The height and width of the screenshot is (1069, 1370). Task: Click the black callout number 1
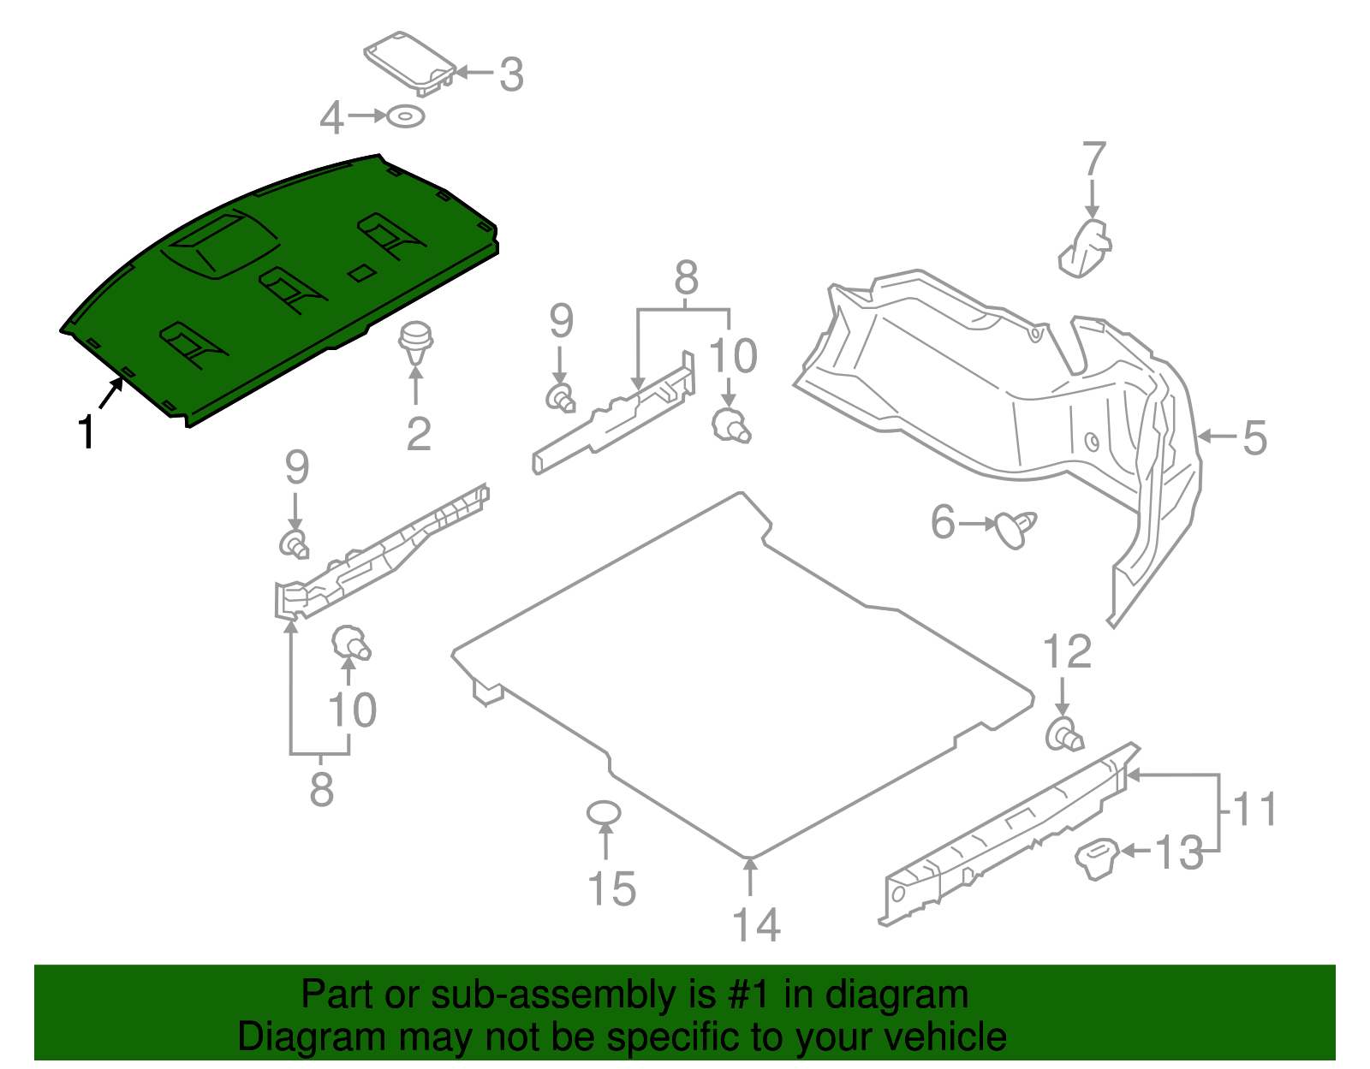(86, 431)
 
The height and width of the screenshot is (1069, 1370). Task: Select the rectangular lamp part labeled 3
(409, 62)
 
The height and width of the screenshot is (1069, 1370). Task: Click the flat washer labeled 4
(405, 116)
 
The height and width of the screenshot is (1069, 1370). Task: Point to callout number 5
(1254, 437)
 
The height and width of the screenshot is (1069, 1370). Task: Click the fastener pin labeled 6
(1015, 528)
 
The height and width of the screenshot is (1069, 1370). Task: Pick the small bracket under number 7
(1085, 248)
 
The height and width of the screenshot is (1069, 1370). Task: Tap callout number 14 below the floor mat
(756, 924)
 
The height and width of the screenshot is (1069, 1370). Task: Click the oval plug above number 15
(604, 811)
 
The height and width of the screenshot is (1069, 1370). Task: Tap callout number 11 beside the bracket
(1255, 809)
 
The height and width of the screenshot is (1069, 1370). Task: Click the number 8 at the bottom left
(321, 789)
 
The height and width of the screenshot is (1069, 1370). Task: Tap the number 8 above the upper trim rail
(686, 279)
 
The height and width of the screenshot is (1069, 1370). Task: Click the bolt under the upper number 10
(730, 425)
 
